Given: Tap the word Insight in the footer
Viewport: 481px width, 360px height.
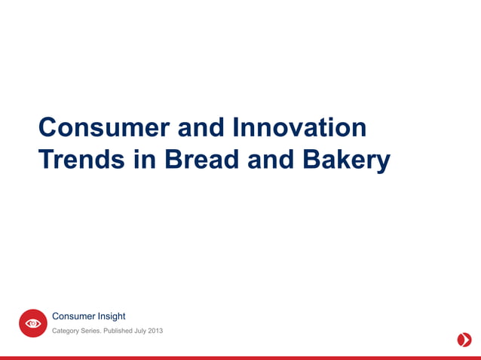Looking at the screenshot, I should (110, 316).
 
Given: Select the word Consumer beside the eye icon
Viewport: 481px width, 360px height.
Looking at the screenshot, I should (72, 316).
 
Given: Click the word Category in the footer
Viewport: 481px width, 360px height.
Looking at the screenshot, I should (66, 331).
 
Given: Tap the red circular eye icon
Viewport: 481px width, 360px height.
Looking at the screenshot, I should (33, 323).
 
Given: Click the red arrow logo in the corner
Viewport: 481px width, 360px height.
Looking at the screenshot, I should (464, 340).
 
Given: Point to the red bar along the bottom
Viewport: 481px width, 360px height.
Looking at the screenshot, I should (240, 358).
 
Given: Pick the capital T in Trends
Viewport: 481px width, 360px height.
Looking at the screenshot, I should (46, 160).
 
